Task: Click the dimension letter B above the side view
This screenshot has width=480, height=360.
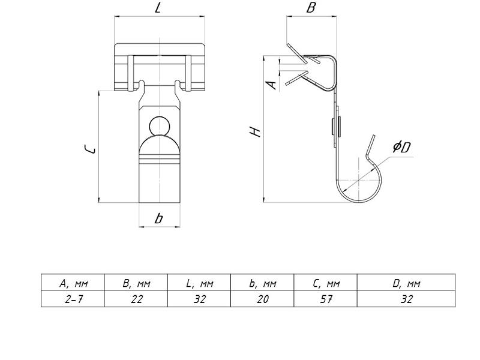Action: [x=311, y=7]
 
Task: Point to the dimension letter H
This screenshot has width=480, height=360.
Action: [x=255, y=131]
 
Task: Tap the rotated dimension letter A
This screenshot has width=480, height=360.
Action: [x=271, y=85]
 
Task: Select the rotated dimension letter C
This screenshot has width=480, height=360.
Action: [x=90, y=149]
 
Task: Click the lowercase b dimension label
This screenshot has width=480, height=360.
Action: [x=158, y=218]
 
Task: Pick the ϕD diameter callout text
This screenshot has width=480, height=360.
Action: [x=401, y=147]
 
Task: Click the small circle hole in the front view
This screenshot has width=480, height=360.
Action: [x=159, y=126]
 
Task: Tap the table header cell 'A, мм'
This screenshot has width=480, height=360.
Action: [x=73, y=283]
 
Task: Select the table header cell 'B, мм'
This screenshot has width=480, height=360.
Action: [x=137, y=283]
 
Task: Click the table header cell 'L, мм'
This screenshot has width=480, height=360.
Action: [x=200, y=283]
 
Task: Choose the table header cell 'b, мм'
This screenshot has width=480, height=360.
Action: [x=263, y=283]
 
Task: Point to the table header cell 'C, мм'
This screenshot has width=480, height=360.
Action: [x=326, y=283]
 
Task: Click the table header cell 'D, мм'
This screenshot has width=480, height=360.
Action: [x=407, y=283]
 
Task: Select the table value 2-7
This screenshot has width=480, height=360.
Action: [x=74, y=299]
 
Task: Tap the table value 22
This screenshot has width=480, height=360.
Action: [x=137, y=299]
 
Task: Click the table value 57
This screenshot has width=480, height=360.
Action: [x=326, y=299]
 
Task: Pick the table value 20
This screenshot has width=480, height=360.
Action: [x=263, y=299]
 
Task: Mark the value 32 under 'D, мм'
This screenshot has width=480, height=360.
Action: [x=407, y=299]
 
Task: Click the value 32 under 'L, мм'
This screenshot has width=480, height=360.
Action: [x=200, y=299]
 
